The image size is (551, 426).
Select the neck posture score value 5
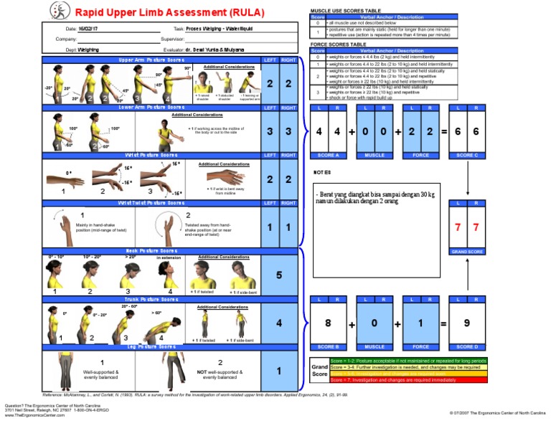[279, 275]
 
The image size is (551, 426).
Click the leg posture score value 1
[279, 371]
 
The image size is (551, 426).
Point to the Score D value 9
[466, 323]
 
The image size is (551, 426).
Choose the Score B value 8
[329, 323]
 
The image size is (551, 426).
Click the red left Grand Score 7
[457, 227]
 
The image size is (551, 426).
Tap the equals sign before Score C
[444, 133]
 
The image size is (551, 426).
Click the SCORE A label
[329, 155]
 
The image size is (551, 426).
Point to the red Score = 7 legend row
[408, 379]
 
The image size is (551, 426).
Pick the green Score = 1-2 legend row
[408, 360]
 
